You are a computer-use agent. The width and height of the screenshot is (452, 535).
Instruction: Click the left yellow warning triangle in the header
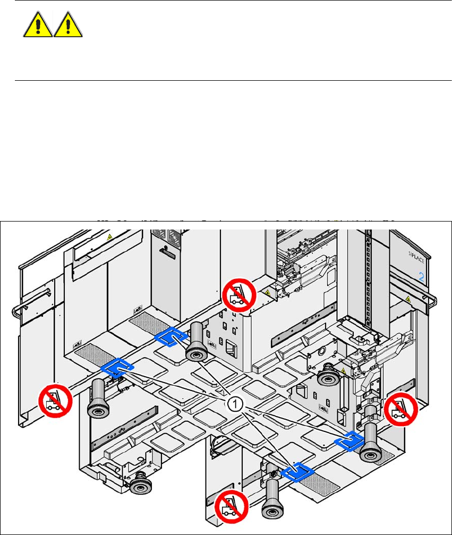[38, 25]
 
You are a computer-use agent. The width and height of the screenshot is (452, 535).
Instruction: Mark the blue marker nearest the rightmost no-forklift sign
[349, 439]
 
